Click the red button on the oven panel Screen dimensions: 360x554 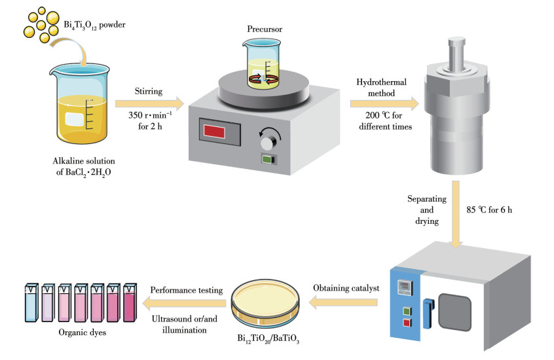[408, 322]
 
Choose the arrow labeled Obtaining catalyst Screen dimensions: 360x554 [343, 302]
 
